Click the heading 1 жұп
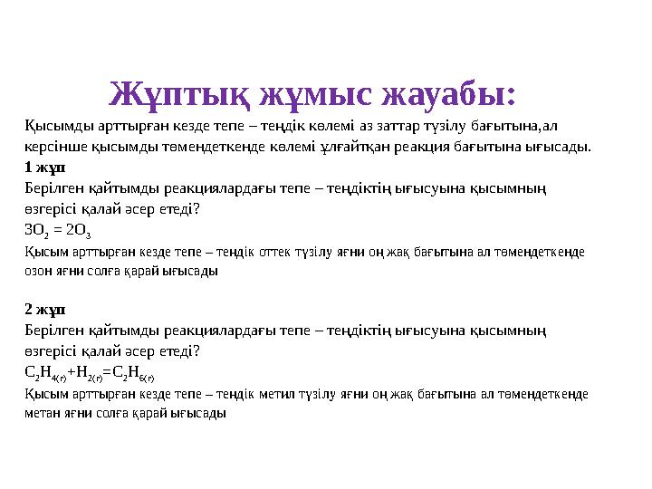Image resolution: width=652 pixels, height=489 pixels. click(45, 168)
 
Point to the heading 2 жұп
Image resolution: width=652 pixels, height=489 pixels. click(45, 311)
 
